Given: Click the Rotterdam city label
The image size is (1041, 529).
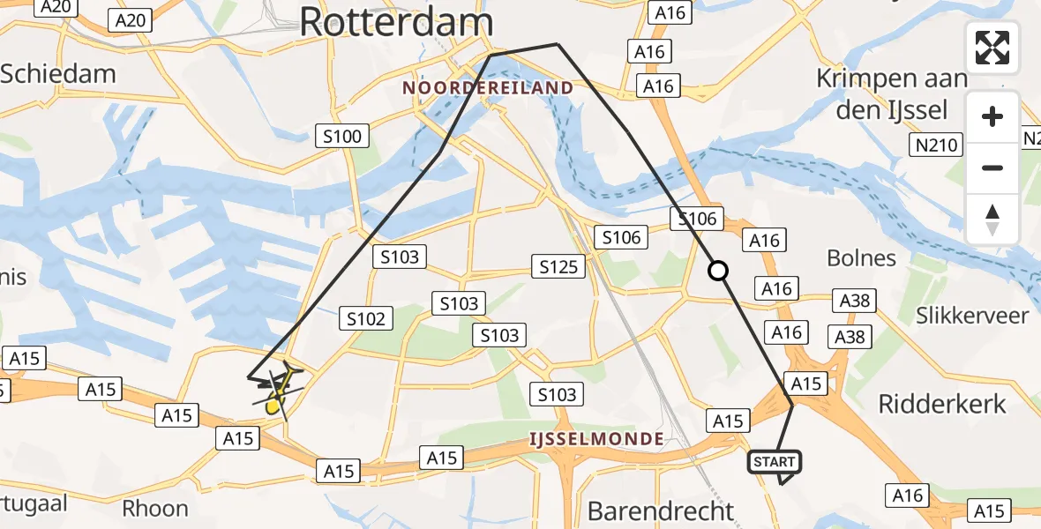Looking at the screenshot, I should [396, 22].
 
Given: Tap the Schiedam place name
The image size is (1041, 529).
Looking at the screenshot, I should [58, 73].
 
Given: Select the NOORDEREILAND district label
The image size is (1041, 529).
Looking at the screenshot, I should [488, 88].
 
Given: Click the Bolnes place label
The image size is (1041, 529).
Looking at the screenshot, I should [861, 258].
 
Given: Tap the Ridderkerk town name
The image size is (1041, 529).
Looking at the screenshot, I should [942, 404].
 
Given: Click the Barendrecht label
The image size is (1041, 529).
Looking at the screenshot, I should [661, 510].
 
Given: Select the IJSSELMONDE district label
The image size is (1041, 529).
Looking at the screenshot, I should [595, 438].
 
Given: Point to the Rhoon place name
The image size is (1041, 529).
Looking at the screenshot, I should [155, 509].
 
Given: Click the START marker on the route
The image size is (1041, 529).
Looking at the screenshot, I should [775, 461].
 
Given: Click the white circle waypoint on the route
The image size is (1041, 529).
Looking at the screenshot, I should [719, 271].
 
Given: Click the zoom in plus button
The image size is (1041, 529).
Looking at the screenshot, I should [992, 116].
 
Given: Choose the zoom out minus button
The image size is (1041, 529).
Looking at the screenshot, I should [992, 168].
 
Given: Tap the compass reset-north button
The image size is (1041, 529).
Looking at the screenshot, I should [992, 219].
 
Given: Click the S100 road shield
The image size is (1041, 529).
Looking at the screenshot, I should [342, 136].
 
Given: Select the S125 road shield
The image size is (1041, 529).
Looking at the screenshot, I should [558, 266].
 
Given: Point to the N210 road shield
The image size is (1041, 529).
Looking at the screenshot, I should [937, 145].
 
